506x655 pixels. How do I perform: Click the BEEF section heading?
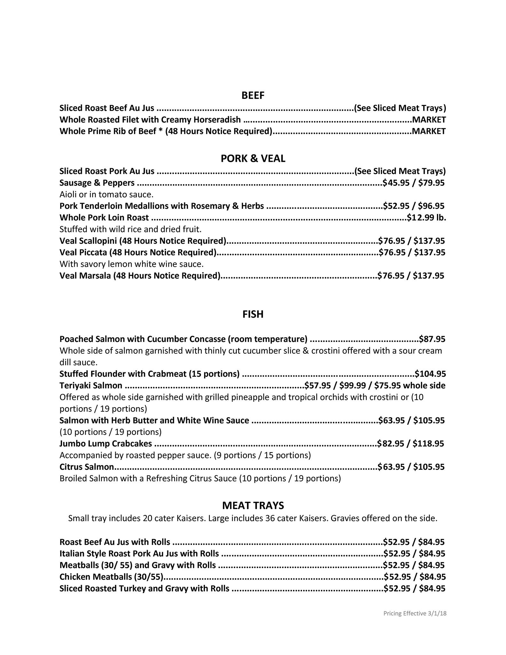tap(253, 96)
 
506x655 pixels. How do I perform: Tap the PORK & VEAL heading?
tap(253, 159)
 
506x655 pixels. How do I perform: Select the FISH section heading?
tap(253, 314)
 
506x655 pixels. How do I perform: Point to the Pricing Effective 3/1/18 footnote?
tap(415, 613)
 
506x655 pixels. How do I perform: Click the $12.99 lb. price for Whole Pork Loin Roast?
tap(426, 218)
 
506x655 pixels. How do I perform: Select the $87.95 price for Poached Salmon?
tap(432, 339)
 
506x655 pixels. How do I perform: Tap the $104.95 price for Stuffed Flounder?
tap(430, 374)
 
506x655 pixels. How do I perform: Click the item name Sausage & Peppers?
tap(97, 183)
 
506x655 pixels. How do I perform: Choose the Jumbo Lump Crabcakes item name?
tap(106, 444)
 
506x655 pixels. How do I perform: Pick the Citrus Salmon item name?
tap(87, 467)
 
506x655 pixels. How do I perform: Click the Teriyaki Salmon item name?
tap(91, 386)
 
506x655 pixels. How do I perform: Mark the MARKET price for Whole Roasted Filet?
tap(429, 120)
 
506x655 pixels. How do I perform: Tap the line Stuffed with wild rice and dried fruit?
tap(130, 229)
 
